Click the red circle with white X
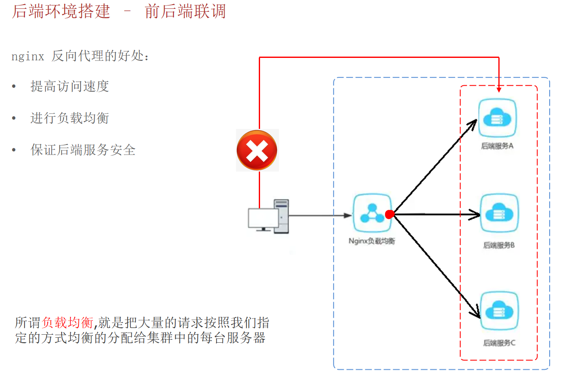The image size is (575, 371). tap(257, 150)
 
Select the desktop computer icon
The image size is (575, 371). tap(269, 216)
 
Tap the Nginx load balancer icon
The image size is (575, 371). tap(372, 214)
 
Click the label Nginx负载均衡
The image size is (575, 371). tap(372, 242)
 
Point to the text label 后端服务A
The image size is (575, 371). tap(497, 147)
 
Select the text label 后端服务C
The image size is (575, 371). tap(499, 343)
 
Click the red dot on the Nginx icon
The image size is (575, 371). tap(390, 214)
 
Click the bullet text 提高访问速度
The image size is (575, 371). tap(70, 86)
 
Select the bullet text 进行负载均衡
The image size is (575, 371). tap(70, 118)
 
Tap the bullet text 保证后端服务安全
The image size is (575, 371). tap(83, 150)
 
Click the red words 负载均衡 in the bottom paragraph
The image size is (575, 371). tap(68, 323)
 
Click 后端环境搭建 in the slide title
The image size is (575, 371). tap(61, 11)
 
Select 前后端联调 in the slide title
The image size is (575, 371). tap(185, 11)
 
